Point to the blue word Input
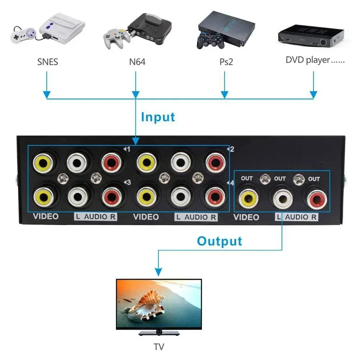point(158,117)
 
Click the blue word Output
point(220,241)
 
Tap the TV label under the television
point(158,347)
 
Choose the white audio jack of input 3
point(77,196)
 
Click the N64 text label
point(137,62)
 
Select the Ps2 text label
point(226,62)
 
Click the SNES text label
point(48,62)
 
